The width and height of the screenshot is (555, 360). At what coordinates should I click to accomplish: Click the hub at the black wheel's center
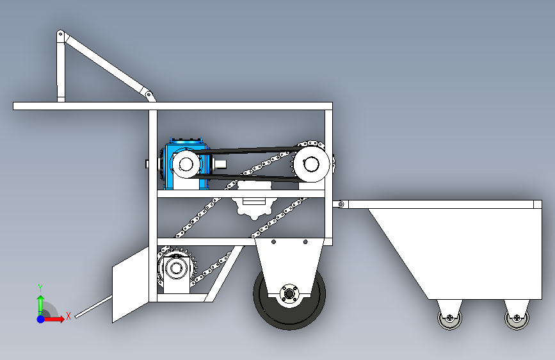tap(289, 294)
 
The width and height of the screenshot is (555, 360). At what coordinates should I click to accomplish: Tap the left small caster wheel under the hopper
tap(449, 318)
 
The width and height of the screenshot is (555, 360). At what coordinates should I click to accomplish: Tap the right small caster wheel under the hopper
tap(517, 318)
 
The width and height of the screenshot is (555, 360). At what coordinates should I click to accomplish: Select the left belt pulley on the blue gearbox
tap(186, 164)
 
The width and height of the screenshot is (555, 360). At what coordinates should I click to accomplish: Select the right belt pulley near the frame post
tap(312, 164)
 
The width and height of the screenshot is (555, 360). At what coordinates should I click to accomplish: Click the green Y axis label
tap(40, 288)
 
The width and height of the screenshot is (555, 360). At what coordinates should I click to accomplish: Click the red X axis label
tap(68, 316)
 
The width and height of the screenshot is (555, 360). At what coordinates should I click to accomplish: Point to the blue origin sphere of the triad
tap(41, 319)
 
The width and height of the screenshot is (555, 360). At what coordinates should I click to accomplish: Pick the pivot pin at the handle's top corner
tap(61, 35)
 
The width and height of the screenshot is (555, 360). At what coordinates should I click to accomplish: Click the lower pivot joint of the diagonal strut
tap(149, 95)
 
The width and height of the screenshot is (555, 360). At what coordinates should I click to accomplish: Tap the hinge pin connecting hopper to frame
tap(341, 204)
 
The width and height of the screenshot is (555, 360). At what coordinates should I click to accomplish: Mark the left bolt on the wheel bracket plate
tap(273, 242)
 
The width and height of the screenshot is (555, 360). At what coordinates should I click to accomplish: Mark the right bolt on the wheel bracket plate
tap(305, 242)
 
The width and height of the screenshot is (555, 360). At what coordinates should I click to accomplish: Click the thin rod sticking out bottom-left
tap(94, 306)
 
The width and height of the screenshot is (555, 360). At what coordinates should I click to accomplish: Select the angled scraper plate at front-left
tap(131, 284)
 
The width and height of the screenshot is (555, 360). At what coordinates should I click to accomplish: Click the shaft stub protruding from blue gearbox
tap(220, 164)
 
